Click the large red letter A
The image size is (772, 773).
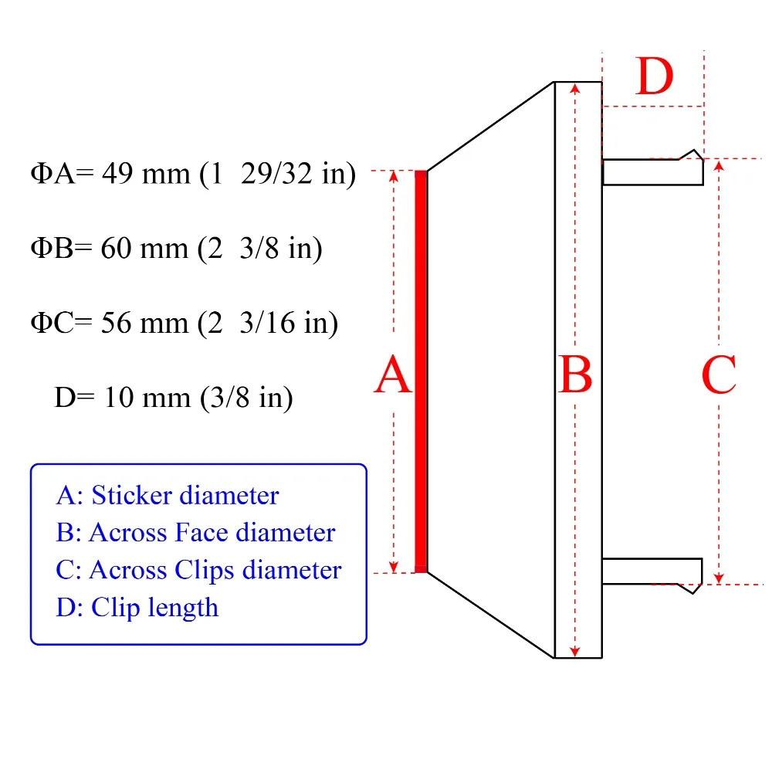click(x=392, y=375)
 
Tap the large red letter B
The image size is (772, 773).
click(x=575, y=375)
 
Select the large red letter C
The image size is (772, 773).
click(x=719, y=375)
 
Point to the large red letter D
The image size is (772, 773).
click(x=654, y=76)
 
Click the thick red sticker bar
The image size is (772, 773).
click(x=421, y=371)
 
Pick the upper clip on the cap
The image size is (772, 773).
click(x=652, y=168)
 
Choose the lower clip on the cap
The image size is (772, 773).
click(x=652, y=575)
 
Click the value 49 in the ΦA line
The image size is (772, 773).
click(x=117, y=174)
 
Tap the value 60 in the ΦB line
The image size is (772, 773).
click(x=117, y=248)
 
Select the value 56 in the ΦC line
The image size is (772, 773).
click(x=117, y=323)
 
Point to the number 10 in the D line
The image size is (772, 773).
click(x=119, y=398)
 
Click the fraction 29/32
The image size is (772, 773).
click(x=276, y=174)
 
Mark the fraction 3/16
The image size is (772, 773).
click(x=267, y=323)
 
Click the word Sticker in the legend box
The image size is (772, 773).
click(x=132, y=495)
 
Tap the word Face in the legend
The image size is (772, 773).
click(x=201, y=532)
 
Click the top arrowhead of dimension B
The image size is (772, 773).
click(x=575, y=89)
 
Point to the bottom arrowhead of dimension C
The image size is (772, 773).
click(x=719, y=578)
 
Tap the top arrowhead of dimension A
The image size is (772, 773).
click(x=394, y=176)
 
